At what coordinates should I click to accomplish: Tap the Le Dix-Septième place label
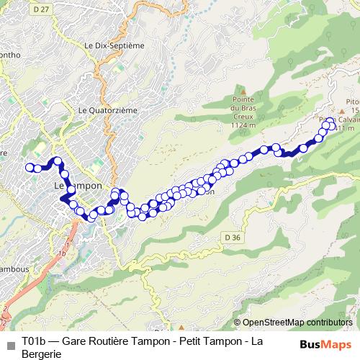114,45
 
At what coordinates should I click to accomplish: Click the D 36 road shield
230,238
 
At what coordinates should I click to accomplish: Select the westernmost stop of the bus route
30,168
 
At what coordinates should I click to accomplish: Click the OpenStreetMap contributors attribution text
297,323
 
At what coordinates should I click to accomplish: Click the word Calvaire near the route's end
346,120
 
